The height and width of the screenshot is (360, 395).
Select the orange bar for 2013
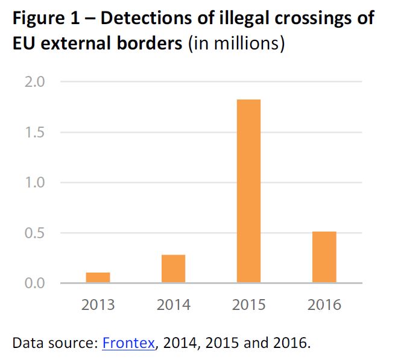98,277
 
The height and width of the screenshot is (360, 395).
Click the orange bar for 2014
173,268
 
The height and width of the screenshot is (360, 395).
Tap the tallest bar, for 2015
248,191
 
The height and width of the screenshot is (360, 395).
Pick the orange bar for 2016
324,257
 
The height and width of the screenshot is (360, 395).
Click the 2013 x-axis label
98,305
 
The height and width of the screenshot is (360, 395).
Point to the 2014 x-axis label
173,305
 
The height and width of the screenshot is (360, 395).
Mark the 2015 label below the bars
248,305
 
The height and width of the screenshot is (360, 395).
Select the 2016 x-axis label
324,305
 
